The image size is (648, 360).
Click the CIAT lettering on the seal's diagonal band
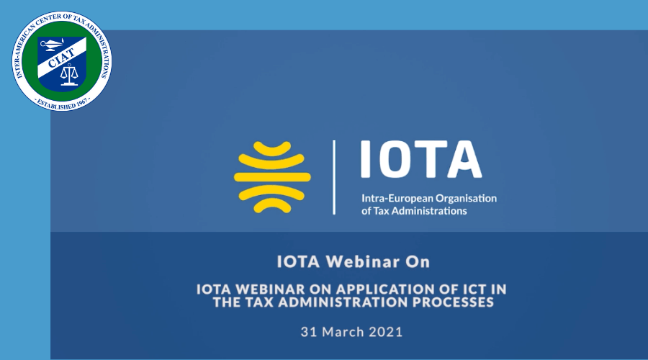(61, 58)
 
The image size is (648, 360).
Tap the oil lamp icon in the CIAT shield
(53, 44)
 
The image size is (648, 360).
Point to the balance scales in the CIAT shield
(69, 75)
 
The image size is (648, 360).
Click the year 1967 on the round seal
(81, 102)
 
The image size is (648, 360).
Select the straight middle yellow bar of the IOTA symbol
(272, 177)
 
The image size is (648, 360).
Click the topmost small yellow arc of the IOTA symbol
(272, 148)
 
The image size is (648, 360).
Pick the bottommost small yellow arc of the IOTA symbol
(272, 206)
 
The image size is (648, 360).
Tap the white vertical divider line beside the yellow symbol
(334, 177)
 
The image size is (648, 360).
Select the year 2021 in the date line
(386, 332)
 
